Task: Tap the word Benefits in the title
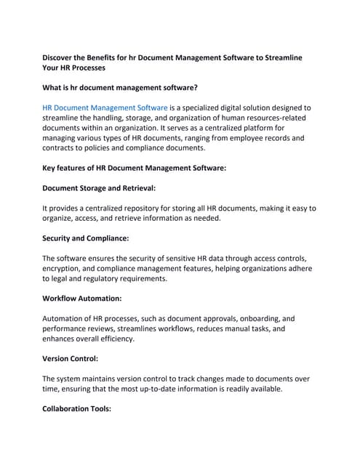[x=124, y=57]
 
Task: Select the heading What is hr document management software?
[x=120, y=87]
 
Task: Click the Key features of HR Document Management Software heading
[x=135, y=168]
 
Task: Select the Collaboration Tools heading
[x=76, y=408]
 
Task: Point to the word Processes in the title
[x=85, y=67]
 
